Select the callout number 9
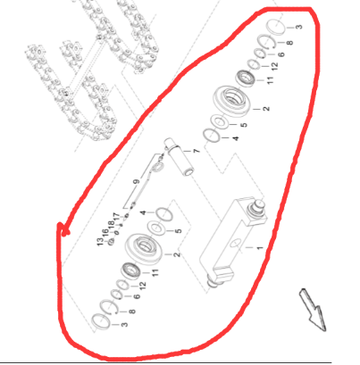point(137,182)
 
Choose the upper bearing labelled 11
point(246,77)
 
